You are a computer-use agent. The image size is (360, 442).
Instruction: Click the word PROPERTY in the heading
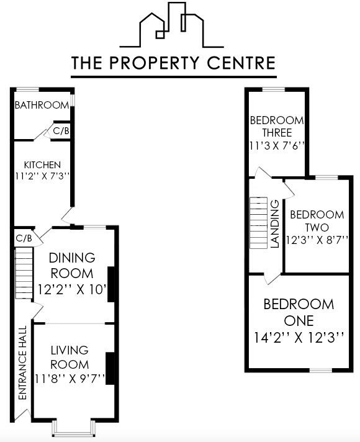coord(176,63)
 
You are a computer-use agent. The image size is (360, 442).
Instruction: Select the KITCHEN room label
coord(42,165)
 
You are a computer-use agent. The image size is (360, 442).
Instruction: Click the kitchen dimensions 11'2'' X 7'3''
coord(42,176)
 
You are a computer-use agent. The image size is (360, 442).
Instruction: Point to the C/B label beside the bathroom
coord(61,131)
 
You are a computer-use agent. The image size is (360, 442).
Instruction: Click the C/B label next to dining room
coord(24,238)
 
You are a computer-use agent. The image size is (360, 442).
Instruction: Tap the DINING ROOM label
coord(72,265)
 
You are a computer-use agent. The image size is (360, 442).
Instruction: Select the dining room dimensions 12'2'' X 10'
coord(71,289)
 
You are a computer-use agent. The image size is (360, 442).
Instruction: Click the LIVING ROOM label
coord(70,357)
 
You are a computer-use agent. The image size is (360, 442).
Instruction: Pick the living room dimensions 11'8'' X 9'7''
coord(69,378)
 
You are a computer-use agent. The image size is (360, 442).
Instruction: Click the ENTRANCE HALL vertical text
coord(22,371)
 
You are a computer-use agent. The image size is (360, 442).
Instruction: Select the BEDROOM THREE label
coord(276,127)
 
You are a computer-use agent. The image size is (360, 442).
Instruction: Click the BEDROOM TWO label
coord(317,221)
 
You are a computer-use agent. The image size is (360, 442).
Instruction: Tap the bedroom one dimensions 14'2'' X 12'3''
coord(299,338)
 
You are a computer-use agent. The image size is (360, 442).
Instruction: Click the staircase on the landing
coord(258,223)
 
